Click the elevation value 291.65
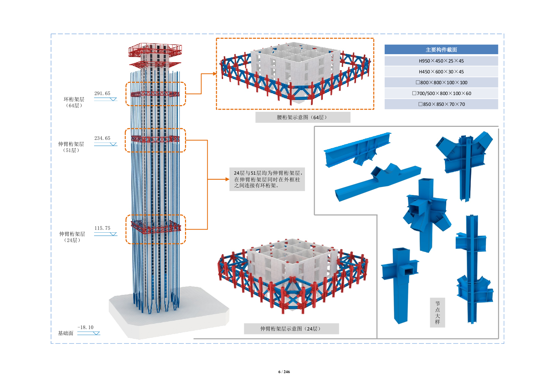tap(102, 93)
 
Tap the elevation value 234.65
tap(102, 138)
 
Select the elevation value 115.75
tap(102, 228)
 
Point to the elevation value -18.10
tap(85, 327)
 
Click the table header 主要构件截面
tap(441, 50)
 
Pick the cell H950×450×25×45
tap(441, 61)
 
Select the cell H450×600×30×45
tap(441, 72)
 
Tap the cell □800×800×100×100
tap(441, 82)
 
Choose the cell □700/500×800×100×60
tap(441, 93)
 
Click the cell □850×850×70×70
tap(441, 104)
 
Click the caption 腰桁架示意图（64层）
tap(303, 117)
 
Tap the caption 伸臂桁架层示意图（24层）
tap(291, 329)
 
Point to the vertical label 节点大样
tap(437, 312)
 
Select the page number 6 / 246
tap(284, 372)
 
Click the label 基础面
tap(66, 333)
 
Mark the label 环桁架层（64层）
tap(74, 102)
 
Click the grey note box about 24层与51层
tap(267, 179)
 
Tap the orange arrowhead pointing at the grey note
tap(227, 179)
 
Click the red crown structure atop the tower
tap(155, 51)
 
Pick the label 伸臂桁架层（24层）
tap(72, 237)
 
